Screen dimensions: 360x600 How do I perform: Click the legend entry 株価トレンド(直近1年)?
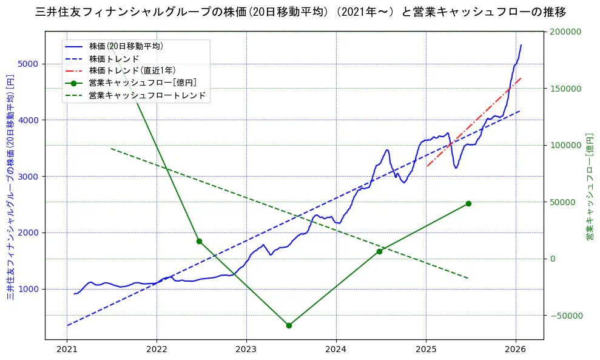(132, 70)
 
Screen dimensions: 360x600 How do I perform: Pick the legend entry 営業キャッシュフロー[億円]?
(142, 83)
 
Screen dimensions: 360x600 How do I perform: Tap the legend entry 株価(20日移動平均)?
(126, 46)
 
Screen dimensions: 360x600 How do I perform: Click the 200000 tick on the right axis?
(565, 32)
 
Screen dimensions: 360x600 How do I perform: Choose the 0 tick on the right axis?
(552, 259)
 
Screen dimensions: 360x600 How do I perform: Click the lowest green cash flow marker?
(289, 325)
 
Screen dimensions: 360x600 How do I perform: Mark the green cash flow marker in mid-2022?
(199, 241)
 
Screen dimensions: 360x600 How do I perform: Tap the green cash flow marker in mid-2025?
(468, 203)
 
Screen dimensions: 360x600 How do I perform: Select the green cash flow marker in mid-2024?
(379, 251)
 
